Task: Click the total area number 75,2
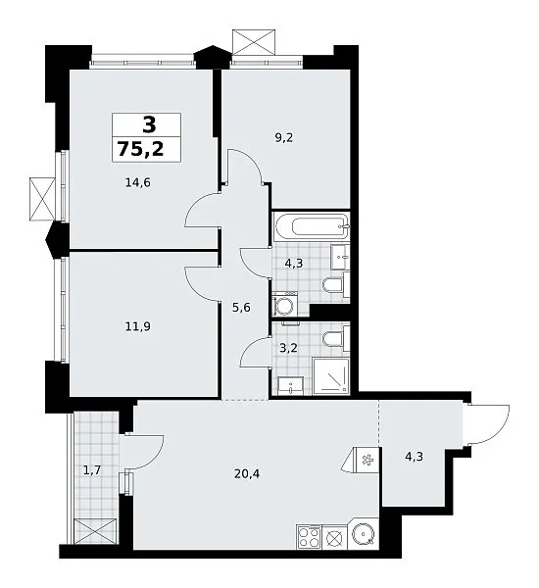click(141, 149)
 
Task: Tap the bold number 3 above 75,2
click(149, 124)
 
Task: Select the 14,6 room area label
click(137, 182)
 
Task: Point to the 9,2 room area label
click(284, 138)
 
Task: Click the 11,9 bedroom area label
click(137, 326)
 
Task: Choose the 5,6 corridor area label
click(241, 308)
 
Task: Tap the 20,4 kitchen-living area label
click(247, 474)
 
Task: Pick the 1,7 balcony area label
click(92, 469)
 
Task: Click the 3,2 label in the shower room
click(288, 348)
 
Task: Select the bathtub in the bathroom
click(312, 226)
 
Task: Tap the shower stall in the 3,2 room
click(331, 376)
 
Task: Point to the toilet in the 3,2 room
click(336, 339)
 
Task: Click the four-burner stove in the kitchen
click(309, 537)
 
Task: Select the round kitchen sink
click(363, 534)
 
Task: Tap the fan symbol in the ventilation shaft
click(367, 459)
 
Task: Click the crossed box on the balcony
click(95, 531)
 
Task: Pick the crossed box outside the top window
click(254, 42)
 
